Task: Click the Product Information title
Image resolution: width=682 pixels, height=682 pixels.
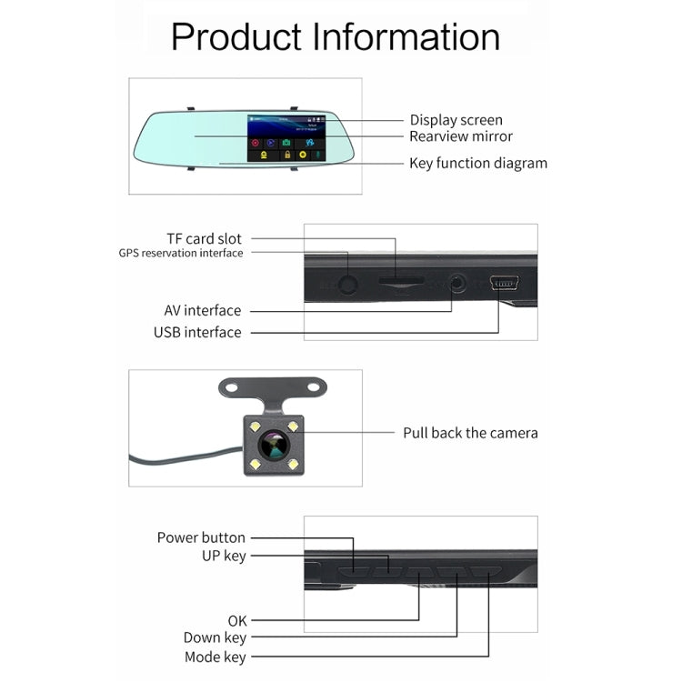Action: (336, 37)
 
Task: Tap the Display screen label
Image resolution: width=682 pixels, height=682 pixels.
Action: (456, 120)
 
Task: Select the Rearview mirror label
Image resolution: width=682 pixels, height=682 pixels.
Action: (461, 136)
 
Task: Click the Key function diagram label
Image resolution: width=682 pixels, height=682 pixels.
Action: (478, 164)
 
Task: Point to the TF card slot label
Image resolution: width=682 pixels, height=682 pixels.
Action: (204, 238)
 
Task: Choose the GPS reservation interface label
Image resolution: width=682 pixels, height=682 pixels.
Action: (181, 253)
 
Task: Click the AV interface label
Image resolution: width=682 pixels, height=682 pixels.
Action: (203, 310)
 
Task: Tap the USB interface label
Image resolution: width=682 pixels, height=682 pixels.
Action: (197, 332)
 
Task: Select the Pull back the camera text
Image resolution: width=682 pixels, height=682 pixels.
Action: (470, 433)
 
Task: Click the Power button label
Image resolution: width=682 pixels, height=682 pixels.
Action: (201, 537)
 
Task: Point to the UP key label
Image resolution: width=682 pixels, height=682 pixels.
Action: (224, 555)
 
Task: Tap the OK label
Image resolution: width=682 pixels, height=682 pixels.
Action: (236, 620)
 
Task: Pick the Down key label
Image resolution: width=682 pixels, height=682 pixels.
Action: (215, 638)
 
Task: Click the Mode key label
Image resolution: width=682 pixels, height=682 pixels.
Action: (215, 657)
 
